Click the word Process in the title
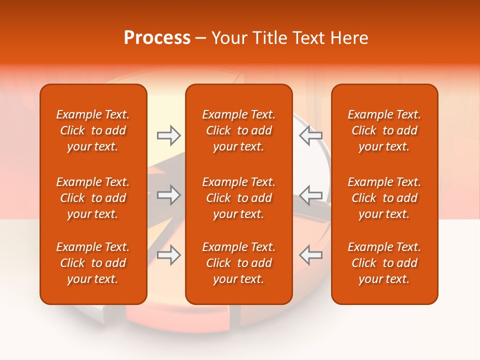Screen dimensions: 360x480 pos(157,38)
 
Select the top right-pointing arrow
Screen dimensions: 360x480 pos(168,135)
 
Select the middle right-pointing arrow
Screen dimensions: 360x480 pos(168,195)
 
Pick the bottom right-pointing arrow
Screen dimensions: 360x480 pos(168,255)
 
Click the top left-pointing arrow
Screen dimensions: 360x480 pos(310,135)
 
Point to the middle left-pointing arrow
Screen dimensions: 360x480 pos(310,195)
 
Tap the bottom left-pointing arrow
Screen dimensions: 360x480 pos(310,255)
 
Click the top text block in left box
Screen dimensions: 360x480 pos(93,130)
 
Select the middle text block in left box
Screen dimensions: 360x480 pos(93,198)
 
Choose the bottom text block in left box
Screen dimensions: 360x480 pos(93,263)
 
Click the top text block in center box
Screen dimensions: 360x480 pos(238,130)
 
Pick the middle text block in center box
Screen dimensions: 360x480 pos(238,198)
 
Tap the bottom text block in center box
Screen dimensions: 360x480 pos(238,263)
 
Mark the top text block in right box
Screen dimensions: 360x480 pos(384,130)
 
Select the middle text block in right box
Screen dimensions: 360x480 pos(384,198)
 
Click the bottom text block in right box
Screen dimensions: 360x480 pos(384,263)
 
